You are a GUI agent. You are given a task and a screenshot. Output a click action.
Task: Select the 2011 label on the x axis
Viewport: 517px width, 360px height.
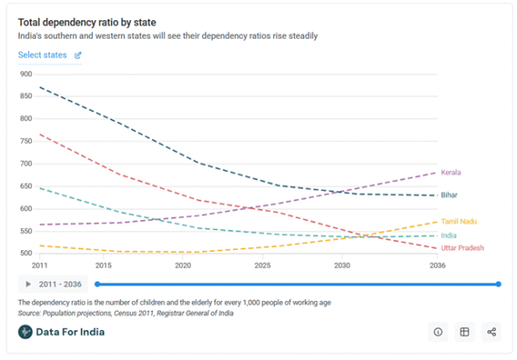point(40,266)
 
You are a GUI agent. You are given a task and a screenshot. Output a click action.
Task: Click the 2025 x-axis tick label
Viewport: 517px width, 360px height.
point(262,266)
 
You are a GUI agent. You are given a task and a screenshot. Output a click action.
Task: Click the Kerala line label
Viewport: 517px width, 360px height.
point(451,172)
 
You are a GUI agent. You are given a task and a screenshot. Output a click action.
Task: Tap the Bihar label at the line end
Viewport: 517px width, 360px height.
point(450,195)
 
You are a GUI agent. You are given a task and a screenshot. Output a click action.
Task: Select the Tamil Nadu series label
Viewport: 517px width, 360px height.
point(458,220)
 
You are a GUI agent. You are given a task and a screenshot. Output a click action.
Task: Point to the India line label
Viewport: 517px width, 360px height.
point(448,236)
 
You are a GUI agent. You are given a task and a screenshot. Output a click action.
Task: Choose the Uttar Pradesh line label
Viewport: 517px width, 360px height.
point(463,249)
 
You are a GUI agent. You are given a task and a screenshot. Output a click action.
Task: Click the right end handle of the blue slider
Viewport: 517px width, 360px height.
point(498,284)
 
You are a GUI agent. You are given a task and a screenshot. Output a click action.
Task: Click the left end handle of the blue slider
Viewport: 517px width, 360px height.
point(97,284)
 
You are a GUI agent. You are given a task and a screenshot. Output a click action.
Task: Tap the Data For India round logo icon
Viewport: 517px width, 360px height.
point(26,332)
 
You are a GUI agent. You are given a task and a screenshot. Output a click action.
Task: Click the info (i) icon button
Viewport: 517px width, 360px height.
point(438,332)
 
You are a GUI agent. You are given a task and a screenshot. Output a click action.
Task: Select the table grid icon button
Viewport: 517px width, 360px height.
point(464,332)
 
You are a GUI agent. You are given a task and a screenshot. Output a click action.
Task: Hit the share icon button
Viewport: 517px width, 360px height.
point(491,332)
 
